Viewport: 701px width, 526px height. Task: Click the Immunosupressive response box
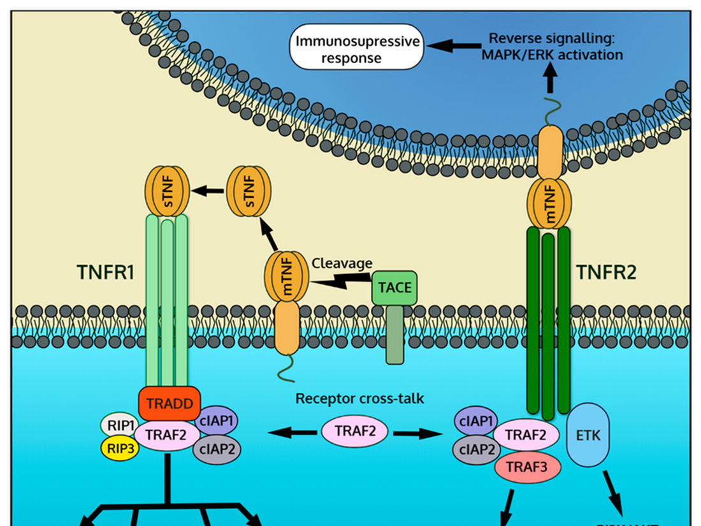coord(358,50)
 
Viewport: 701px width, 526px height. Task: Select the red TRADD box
coord(170,403)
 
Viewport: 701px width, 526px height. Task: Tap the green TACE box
coord(395,288)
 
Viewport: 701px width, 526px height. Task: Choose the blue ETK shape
coord(587,435)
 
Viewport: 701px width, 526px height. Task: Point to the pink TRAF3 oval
coord(528,466)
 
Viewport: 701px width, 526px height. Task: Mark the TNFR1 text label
coord(105,274)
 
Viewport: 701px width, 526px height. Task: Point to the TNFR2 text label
coord(607,274)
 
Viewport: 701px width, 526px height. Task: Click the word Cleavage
coord(342,263)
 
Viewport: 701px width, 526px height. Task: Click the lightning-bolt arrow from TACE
coord(342,280)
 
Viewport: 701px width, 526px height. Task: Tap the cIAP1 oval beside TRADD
coord(218,421)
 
